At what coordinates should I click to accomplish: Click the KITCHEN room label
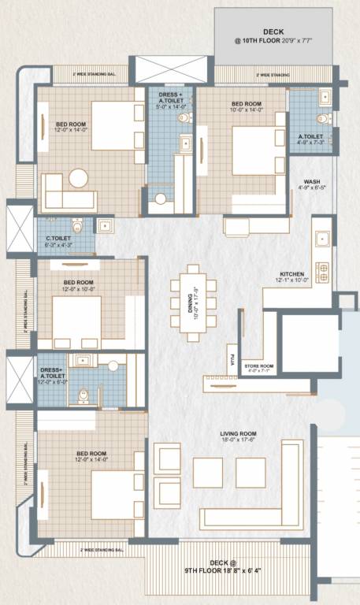click(290, 273)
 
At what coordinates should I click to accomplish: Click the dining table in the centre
click(191, 303)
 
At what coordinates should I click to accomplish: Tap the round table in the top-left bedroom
click(79, 178)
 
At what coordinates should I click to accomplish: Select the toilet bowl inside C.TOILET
click(77, 224)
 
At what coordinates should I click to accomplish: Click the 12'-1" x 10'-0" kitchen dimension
click(294, 280)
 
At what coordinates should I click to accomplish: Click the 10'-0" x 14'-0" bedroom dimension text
click(247, 110)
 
